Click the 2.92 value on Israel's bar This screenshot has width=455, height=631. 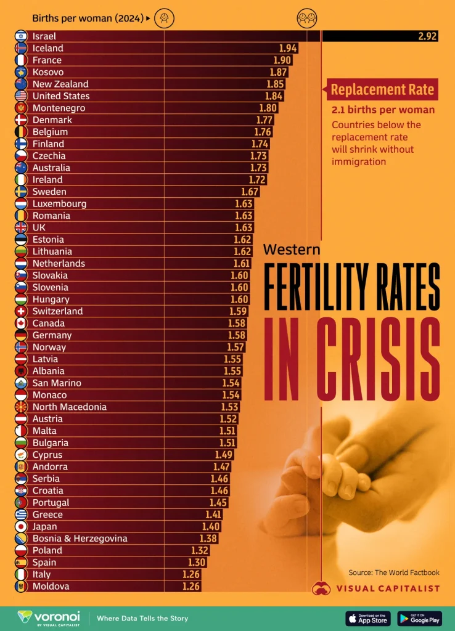tap(427, 36)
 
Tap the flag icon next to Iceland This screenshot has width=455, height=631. tap(20, 48)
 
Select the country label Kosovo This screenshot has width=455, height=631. tap(48, 72)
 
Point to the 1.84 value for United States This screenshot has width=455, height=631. tap(274, 96)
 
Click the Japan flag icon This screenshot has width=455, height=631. tap(20, 526)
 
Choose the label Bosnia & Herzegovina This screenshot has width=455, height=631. tap(80, 538)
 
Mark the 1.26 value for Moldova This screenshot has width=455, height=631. tap(191, 586)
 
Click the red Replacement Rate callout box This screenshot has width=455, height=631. tap(382, 90)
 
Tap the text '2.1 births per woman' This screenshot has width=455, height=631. tap(383, 110)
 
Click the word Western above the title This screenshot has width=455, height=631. tap(292, 250)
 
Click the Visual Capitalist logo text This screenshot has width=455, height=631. tap(388, 588)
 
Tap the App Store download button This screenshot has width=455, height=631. tap(367, 618)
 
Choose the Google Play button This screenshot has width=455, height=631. tap(419, 618)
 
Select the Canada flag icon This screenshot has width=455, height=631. tap(20, 323)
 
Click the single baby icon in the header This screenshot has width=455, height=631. tap(163, 18)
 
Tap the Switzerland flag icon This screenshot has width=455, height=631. tap(20, 311)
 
